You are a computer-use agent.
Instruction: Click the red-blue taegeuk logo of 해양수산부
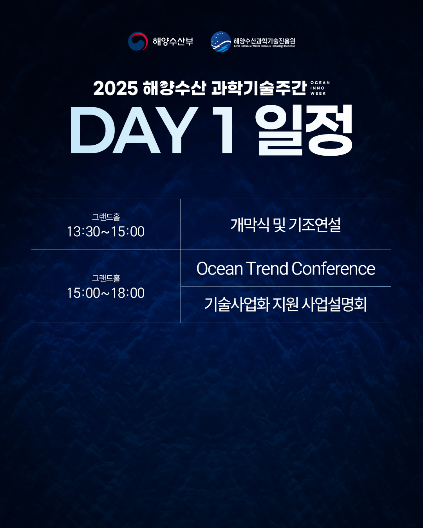[x=138, y=41]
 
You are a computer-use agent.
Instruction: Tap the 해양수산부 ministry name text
[x=173, y=41]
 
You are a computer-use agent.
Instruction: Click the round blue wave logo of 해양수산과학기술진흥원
[x=221, y=42]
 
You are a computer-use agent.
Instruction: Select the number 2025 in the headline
[x=116, y=88]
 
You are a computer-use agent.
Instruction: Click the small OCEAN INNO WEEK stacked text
[x=320, y=88]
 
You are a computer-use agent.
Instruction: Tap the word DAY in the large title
[x=134, y=130]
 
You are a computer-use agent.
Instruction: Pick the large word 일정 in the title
[x=304, y=130]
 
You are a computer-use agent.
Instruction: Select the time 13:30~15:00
[x=106, y=232]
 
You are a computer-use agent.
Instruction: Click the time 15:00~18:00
[x=106, y=293]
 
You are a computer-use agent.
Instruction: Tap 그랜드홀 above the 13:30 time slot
[x=106, y=217]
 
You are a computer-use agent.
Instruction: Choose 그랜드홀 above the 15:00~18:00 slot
[x=106, y=278]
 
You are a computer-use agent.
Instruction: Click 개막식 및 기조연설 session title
[x=286, y=224]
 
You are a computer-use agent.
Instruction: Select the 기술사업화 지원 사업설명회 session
[x=286, y=304]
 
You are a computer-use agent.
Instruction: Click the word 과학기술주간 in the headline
[x=259, y=88]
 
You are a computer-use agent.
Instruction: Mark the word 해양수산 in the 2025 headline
[x=174, y=88]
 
